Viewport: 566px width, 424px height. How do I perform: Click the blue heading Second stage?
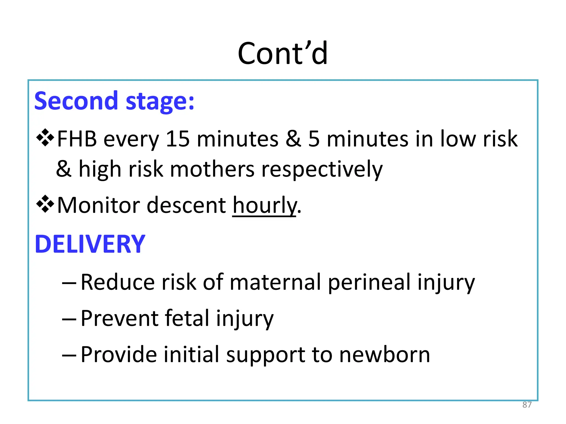click(x=114, y=101)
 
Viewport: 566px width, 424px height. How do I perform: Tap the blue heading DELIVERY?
click(x=90, y=244)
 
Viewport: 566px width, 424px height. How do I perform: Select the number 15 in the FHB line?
click(x=178, y=139)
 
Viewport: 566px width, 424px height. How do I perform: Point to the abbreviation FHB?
click(x=77, y=139)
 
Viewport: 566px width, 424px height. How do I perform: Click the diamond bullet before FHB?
click(x=45, y=137)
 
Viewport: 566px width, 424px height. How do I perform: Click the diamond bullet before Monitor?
click(x=45, y=204)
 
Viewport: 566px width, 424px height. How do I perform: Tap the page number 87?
click(x=527, y=405)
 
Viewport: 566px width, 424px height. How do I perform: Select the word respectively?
click(x=322, y=169)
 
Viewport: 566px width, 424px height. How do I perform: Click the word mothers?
click(x=212, y=169)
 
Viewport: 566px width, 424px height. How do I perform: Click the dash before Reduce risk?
click(x=69, y=283)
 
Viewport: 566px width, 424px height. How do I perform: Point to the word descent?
click(x=186, y=205)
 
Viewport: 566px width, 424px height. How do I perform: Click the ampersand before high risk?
click(x=64, y=169)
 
